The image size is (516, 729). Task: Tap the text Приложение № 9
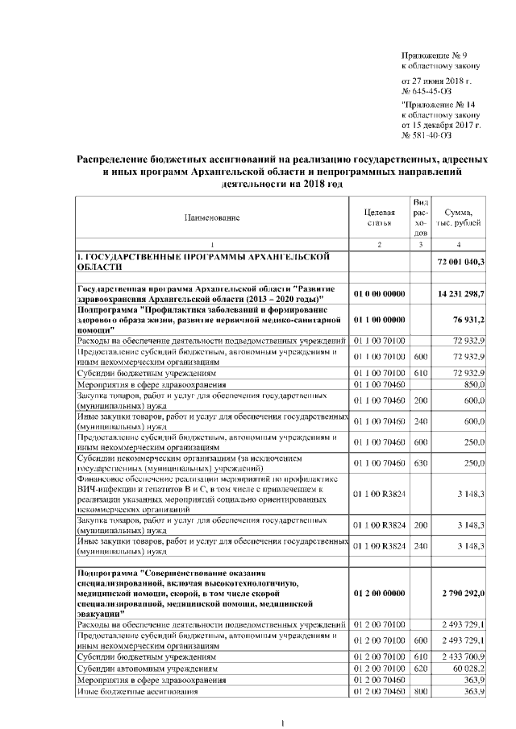(435, 55)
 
